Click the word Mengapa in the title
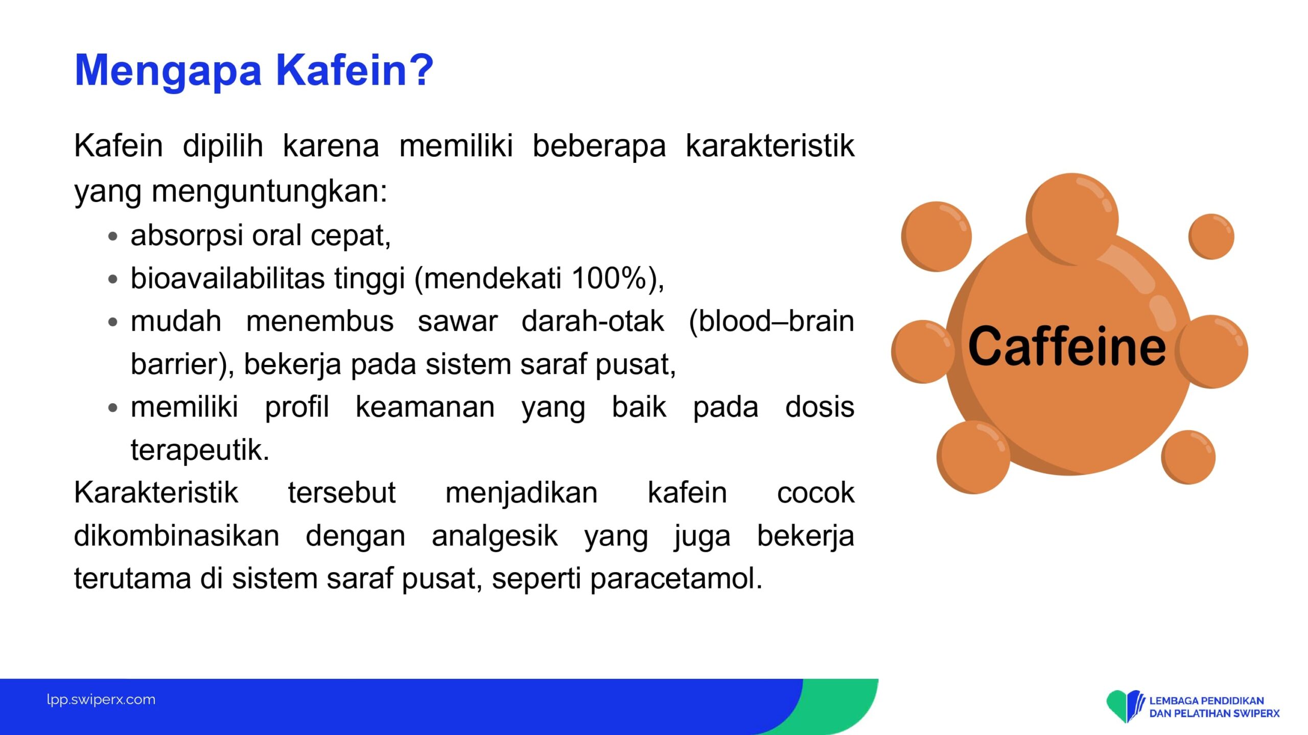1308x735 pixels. [168, 72]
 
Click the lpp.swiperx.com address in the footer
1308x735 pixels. [101, 699]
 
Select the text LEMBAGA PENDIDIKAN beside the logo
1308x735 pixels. [1206, 701]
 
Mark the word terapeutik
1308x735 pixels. [200, 450]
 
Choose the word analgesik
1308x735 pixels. [495, 536]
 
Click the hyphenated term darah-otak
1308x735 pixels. [593, 321]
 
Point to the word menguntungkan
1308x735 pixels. [269, 192]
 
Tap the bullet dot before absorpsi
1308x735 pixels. [113, 236]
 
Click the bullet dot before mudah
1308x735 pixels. [113, 322]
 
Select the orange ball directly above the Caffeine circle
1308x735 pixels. [1072, 219]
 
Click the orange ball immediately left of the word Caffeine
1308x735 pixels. [923, 352]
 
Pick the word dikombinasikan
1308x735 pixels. [177, 536]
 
